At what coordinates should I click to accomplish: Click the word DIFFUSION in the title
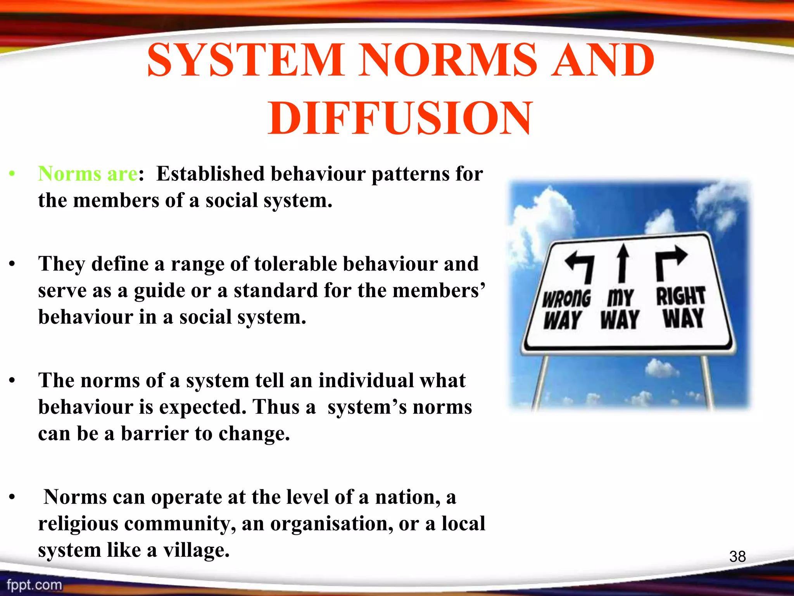(x=400, y=118)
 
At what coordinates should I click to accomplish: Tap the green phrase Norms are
(x=88, y=173)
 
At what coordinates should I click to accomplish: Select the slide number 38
(x=737, y=556)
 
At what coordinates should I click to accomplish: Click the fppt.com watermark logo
(x=34, y=585)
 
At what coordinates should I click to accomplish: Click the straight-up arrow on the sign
(x=623, y=263)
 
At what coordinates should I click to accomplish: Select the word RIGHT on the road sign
(x=680, y=296)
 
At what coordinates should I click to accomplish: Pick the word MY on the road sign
(x=620, y=298)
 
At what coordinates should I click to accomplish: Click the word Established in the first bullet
(x=210, y=173)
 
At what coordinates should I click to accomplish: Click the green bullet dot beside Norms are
(x=12, y=174)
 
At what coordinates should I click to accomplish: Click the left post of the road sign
(x=539, y=382)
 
